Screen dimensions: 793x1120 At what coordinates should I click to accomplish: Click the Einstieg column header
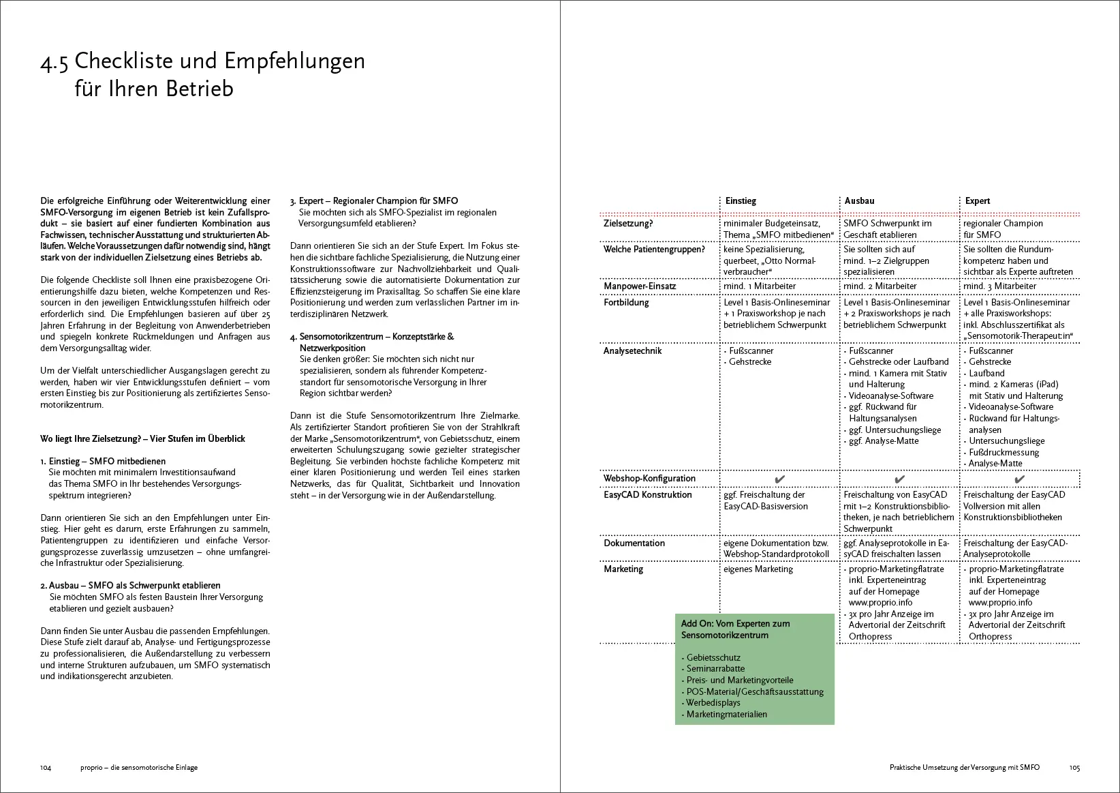click(x=741, y=201)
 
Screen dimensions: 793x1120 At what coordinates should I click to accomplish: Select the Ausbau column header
click(x=860, y=201)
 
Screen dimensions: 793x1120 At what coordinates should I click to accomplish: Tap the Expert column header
click(x=978, y=201)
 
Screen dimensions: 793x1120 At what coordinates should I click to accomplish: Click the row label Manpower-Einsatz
click(x=640, y=286)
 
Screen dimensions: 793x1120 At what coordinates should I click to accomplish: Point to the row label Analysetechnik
click(x=632, y=351)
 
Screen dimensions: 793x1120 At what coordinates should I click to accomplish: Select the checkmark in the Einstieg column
click(x=779, y=479)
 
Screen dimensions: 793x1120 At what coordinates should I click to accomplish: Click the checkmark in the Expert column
click(x=1019, y=479)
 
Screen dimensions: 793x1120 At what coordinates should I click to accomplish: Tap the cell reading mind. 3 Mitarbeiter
click(x=999, y=286)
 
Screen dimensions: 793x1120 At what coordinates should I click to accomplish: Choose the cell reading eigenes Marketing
click(x=758, y=569)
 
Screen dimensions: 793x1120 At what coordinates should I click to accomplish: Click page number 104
click(x=46, y=768)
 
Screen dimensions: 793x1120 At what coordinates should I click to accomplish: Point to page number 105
click(x=1074, y=768)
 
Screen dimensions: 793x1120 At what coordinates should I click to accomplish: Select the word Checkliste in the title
click(x=123, y=61)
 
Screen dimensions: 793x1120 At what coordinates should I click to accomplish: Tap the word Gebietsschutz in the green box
click(x=713, y=658)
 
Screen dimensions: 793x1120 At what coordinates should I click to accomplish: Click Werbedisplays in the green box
click(x=713, y=703)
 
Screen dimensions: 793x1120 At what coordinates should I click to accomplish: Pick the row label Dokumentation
click(x=634, y=543)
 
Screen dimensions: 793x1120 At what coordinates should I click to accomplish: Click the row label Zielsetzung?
click(x=628, y=224)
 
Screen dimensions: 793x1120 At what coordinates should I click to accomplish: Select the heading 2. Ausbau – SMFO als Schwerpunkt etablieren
click(x=130, y=586)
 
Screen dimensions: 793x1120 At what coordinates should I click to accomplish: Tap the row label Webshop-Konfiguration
click(x=649, y=479)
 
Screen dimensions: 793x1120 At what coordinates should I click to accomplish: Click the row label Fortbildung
click(x=626, y=303)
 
